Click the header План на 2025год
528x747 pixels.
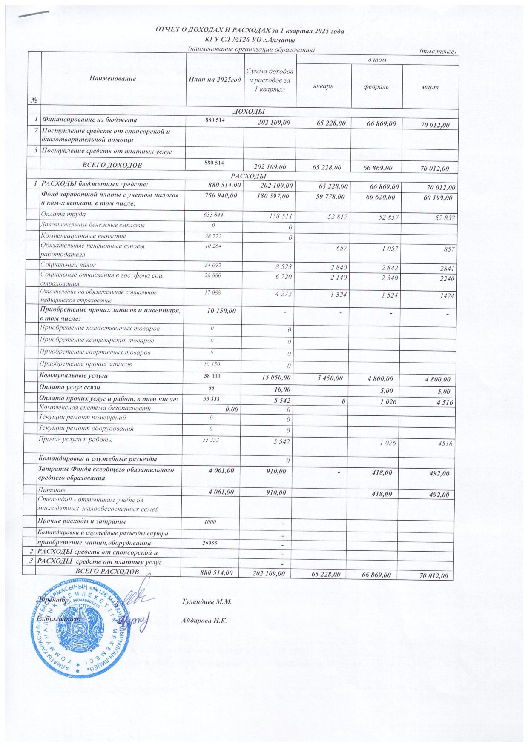(214, 79)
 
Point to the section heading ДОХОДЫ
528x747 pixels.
(248, 112)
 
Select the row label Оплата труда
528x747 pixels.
(63, 214)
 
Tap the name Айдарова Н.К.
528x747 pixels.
(204, 620)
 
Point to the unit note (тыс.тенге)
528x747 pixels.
(438, 51)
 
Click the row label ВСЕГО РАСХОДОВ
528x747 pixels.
(107, 571)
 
